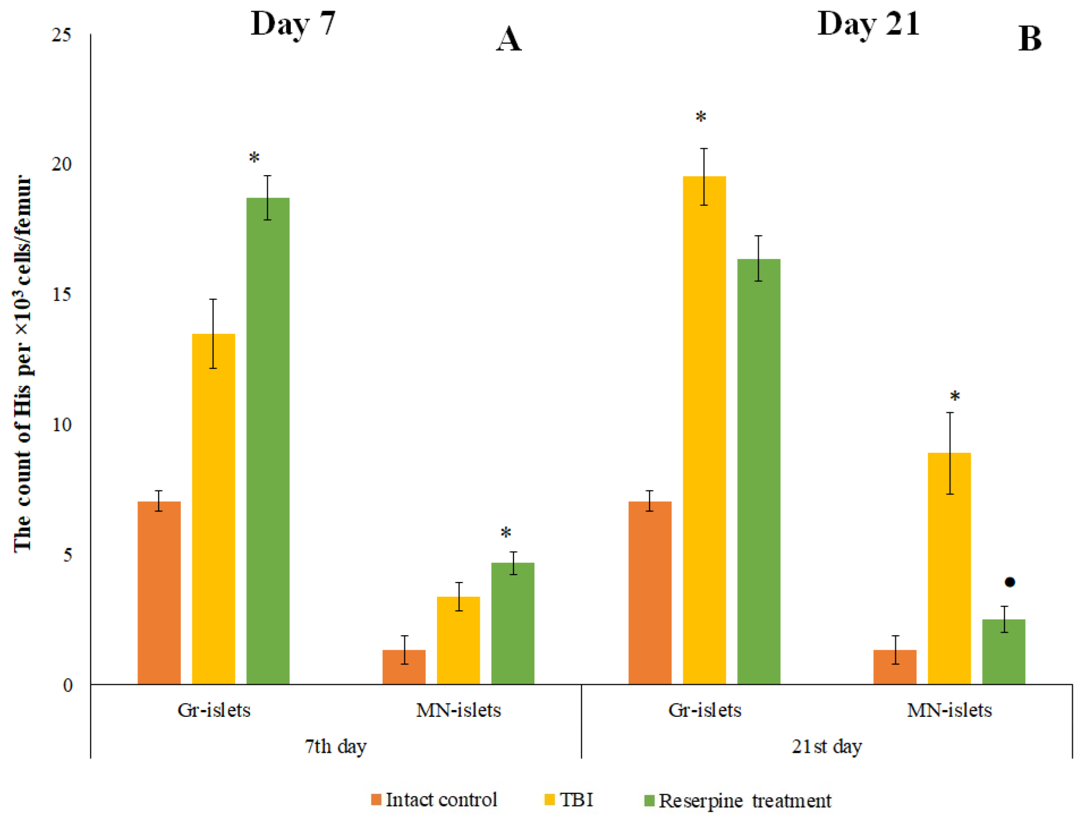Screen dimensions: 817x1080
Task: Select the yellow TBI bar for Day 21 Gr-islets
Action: (704, 429)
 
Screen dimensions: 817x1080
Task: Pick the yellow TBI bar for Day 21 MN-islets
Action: (949, 568)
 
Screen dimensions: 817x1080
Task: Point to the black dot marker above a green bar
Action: (1009, 582)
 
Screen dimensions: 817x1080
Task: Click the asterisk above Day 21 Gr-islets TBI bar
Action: (700, 117)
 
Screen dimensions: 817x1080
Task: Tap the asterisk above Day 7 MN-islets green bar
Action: (506, 533)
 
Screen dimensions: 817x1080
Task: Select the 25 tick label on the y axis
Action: (61, 35)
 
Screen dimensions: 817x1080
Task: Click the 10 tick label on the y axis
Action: (61, 424)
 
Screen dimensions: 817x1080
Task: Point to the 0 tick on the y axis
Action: (68, 685)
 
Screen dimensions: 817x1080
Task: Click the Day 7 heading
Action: (293, 24)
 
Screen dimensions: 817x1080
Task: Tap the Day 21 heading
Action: (868, 24)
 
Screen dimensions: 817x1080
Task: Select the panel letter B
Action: (1029, 39)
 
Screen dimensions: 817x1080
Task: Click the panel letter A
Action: (508, 39)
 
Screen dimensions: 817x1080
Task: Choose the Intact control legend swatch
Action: (376, 799)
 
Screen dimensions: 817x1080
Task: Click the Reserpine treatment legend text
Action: (744, 800)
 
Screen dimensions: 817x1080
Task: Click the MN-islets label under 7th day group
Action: (458, 710)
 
